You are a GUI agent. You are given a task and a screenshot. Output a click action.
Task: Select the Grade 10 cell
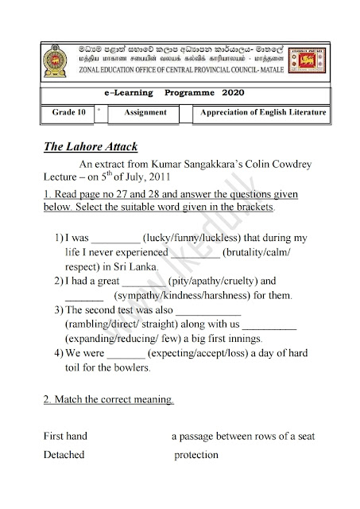coord(69,113)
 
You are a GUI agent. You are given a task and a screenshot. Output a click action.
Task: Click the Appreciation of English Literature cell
coord(263,113)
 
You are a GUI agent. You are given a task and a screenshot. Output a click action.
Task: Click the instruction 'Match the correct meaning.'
coord(109,400)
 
